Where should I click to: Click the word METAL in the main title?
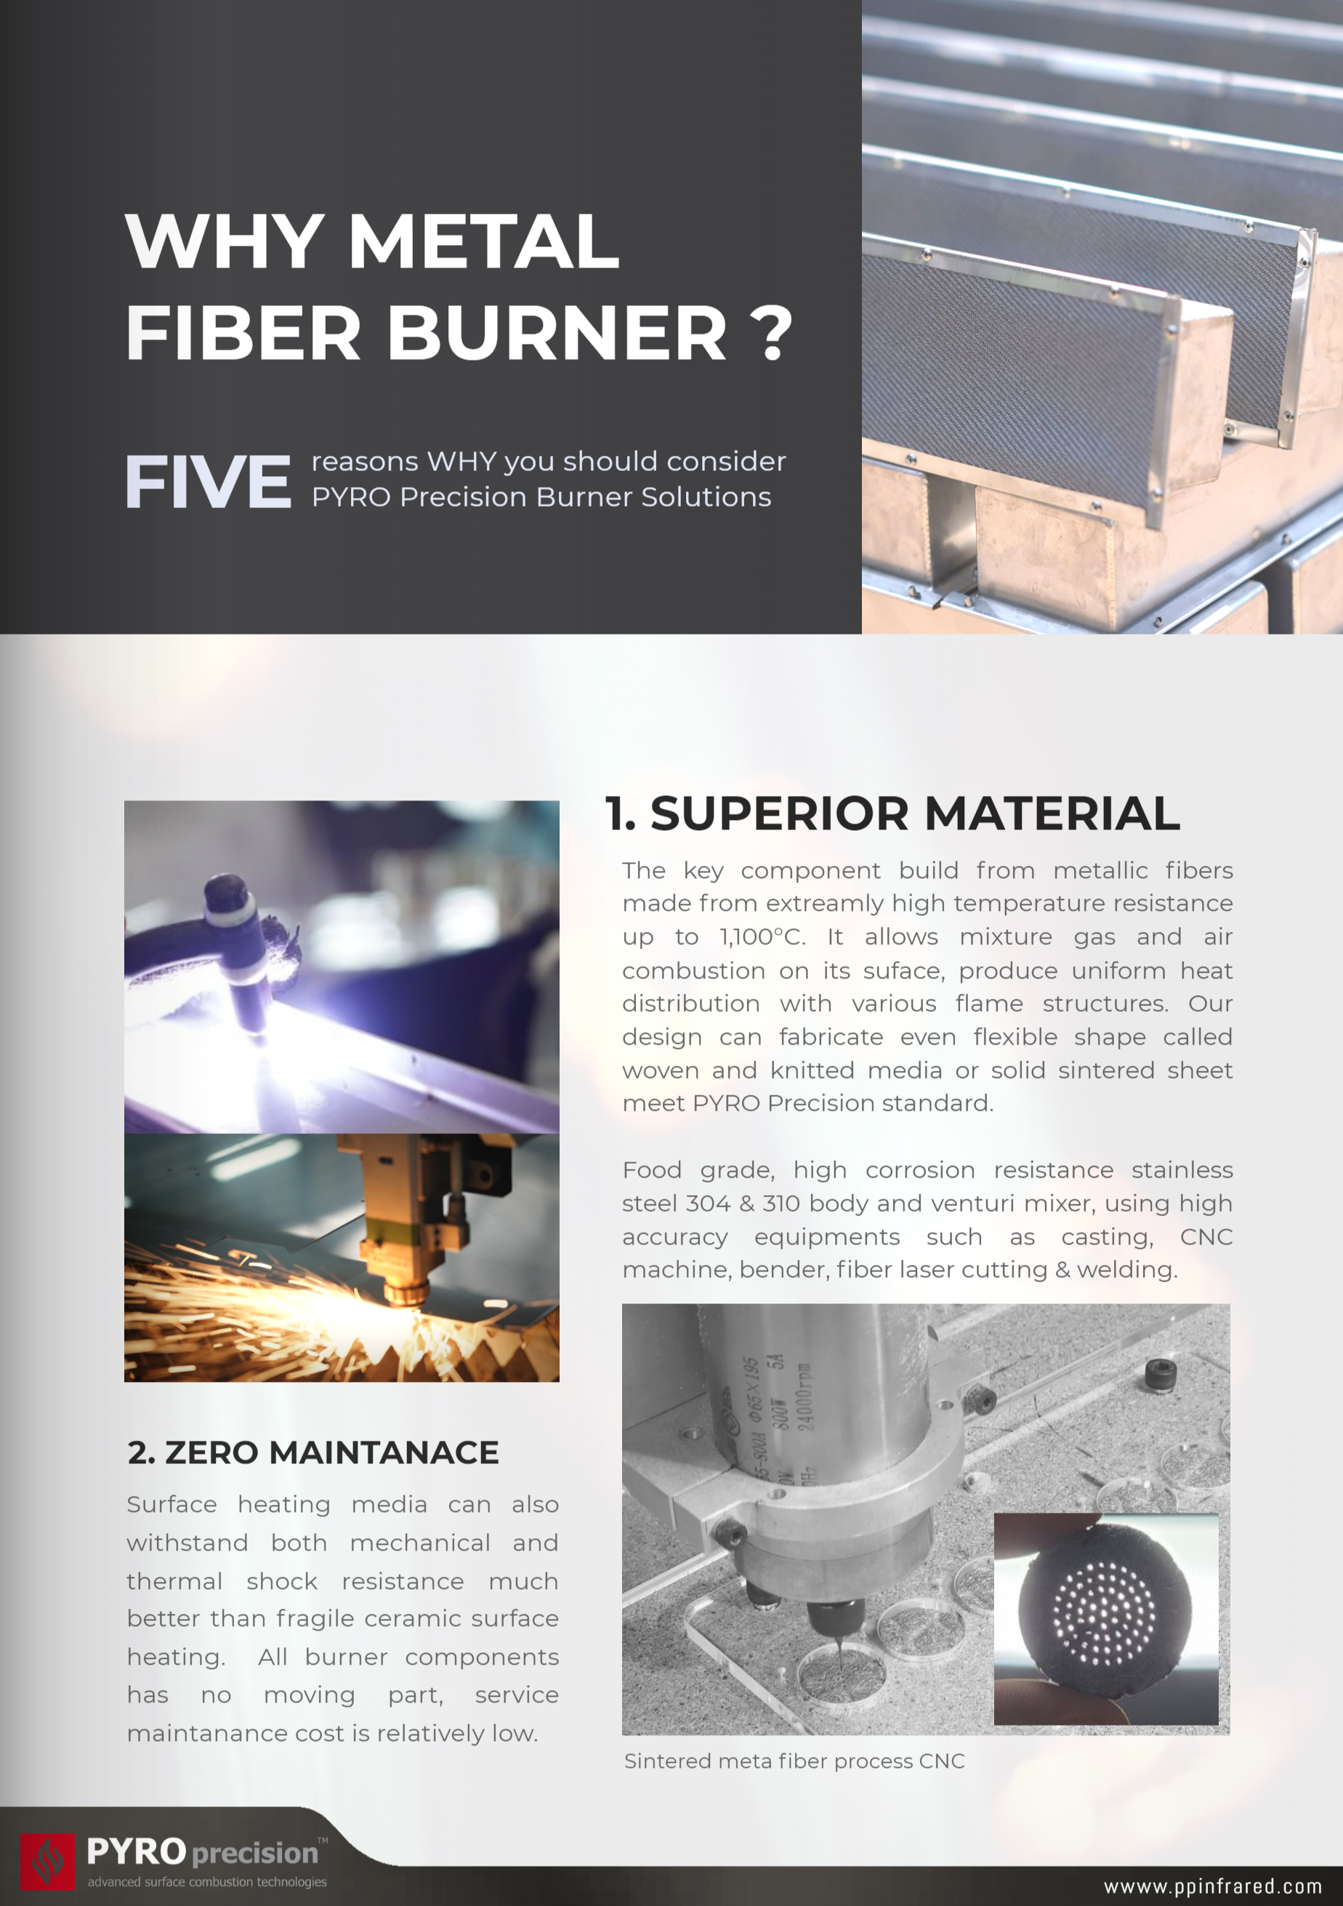(x=484, y=241)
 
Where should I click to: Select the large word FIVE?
(x=209, y=481)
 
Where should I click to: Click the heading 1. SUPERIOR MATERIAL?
(x=892, y=813)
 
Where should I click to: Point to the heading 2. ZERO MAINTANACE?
(x=313, y=1452)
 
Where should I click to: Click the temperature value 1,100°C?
(x=762, y=937)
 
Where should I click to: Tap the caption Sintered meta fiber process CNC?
(x=794, y=1761)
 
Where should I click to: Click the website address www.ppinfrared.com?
(x=1212, y=1886)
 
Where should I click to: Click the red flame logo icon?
(x=47, y=1861)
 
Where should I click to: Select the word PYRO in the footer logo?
(x=136, y=1852)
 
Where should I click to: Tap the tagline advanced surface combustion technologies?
(x=208, y=1882)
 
